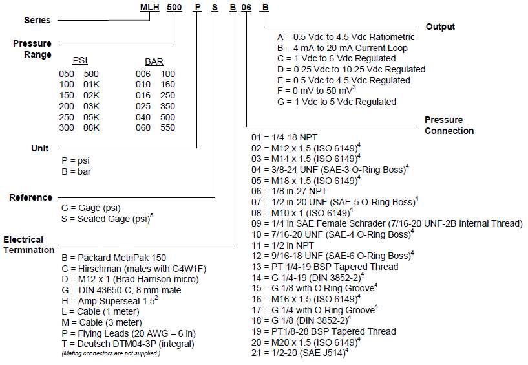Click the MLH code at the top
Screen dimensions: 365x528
151,6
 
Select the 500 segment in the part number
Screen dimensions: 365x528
175,6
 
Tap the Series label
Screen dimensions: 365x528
37,20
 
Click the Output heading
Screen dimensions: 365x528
440,27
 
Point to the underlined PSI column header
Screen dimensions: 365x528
80,61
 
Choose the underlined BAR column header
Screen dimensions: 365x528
154,61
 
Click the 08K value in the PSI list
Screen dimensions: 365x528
91,128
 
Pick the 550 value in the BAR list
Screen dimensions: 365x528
167,128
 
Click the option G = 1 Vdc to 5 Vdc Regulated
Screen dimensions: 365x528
336,102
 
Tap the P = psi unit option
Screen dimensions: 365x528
76,161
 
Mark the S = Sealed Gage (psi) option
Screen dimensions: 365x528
107,219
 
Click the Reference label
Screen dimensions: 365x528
30,197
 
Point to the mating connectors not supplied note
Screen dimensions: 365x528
111,353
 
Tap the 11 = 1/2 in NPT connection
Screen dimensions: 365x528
282,245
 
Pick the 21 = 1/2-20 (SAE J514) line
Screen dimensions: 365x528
301,353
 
